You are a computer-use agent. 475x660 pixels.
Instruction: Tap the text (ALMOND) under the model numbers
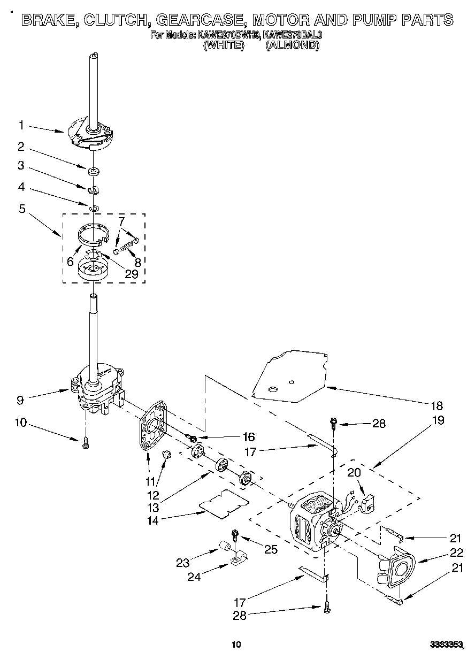click(293, 45)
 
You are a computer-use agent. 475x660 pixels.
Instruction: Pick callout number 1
click(21, 125)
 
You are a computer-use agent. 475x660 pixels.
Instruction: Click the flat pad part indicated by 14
click(224, 504)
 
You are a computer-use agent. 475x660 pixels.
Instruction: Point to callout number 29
click(131, 274)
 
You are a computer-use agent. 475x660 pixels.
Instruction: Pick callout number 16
click(249, 436)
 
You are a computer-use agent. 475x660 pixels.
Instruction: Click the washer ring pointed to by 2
click(94, 171)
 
